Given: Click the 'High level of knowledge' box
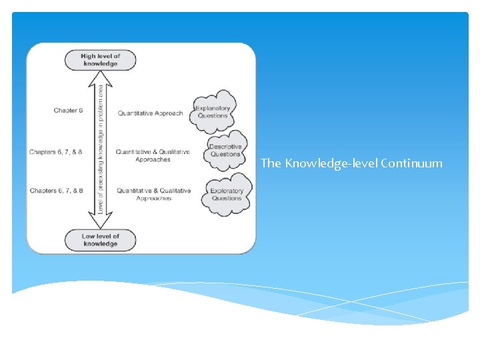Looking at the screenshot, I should coord(100,60).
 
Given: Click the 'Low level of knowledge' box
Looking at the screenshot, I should coord(101,239).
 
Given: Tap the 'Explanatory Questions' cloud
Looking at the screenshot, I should coord(213,111).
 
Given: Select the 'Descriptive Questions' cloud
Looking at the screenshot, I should coord(225,150).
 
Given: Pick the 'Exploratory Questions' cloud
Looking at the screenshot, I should coord(227,194).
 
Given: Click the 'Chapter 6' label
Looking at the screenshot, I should coord(68,111).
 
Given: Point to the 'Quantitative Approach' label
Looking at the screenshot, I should coord(150,113).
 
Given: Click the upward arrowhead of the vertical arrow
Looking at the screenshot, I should coord(100,77).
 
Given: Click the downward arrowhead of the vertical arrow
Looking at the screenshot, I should coord(100,223).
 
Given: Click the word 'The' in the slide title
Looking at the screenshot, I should coord(271,163).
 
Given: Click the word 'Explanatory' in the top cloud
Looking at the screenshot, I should coord(213,108).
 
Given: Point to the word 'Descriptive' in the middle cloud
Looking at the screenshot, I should coord(225,147).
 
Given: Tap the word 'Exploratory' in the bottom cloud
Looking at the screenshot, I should coord(227,191).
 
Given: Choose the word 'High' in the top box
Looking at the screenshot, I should coord(88,57).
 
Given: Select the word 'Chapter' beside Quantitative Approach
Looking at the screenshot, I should coord(65,111).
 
